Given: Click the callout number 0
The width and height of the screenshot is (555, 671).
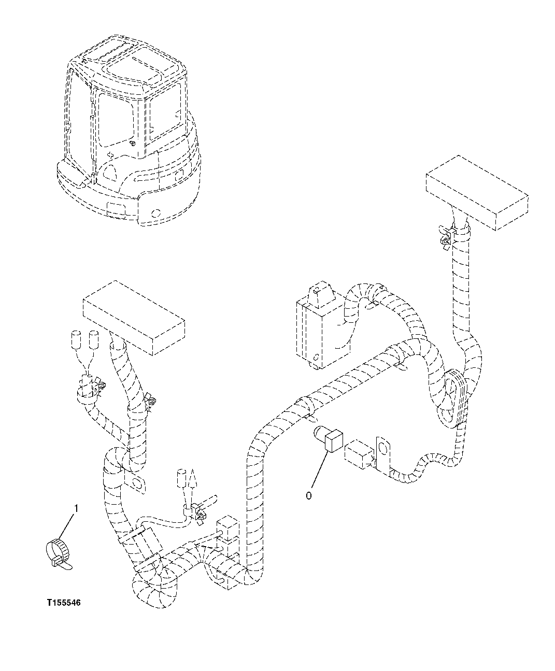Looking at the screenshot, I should pos(309,496).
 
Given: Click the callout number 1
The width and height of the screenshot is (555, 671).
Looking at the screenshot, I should pos(76,509).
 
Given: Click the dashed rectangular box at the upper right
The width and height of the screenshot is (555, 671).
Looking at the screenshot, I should pos(476,192).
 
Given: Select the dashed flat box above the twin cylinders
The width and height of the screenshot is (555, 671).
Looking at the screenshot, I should pos(134,317).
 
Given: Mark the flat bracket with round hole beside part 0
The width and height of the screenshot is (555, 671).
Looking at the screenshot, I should pos(382,453).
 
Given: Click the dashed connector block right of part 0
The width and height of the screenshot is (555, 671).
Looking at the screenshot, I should pos(358,455).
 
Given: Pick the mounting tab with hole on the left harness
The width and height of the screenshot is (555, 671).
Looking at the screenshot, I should pos(136,481).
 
